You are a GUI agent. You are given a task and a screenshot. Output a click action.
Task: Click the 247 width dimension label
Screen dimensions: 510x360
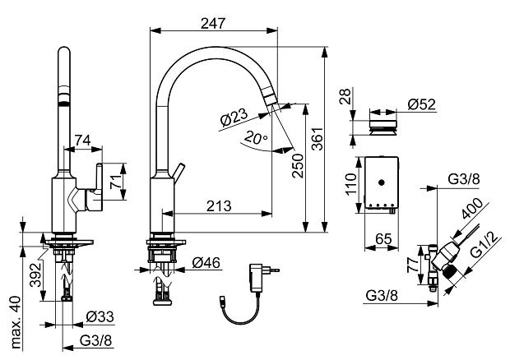[213, 23]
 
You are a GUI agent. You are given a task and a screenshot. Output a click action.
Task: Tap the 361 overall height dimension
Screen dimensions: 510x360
[318, 139]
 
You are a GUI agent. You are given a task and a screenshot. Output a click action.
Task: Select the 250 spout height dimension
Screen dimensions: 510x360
[298, 166]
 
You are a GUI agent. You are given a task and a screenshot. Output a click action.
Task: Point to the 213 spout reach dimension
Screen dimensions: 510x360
[220, 206]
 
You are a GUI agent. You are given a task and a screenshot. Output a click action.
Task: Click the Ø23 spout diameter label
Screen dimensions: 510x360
[234, 117]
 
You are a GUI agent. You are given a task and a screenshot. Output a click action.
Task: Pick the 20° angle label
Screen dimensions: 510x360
[257, 138]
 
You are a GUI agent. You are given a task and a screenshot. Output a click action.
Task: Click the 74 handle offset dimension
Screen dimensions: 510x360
[83, 141]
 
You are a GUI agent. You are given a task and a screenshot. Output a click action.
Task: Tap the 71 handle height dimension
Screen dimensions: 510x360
[116, 182]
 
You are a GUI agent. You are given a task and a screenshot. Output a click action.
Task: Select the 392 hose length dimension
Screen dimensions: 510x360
[35, 275]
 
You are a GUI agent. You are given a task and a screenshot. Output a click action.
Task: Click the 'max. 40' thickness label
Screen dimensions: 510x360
[16, 322]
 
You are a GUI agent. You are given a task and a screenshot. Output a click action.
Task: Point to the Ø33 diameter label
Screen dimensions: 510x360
[100, 316]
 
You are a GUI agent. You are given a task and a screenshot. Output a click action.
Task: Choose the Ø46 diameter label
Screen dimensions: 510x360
[206, 262]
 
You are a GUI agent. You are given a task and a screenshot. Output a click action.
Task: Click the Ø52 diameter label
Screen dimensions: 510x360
[421, 104]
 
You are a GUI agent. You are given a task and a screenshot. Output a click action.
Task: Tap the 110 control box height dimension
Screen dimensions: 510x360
[351, 184]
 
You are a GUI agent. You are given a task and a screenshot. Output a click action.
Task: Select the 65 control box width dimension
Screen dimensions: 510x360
[383, 239]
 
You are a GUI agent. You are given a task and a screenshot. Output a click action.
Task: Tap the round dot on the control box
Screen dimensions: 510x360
[382, 182]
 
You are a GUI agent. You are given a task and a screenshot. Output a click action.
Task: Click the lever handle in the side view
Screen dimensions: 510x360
[99, 180]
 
